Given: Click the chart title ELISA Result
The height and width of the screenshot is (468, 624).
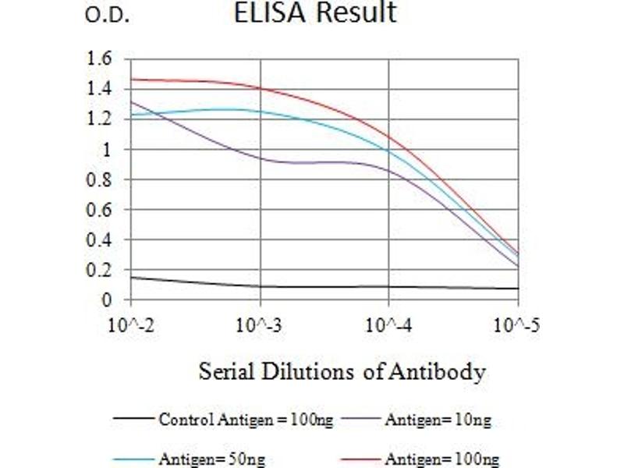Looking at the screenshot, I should [316, 13].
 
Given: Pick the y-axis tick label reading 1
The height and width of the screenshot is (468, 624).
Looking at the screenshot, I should [107, 149].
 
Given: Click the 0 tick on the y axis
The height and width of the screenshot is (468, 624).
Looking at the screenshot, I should [107, 300].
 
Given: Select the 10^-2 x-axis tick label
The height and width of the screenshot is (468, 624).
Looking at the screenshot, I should [131, 323].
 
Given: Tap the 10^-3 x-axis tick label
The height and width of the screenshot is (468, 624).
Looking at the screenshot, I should [260, 323].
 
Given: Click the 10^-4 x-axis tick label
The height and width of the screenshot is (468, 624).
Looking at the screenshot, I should [388, 323].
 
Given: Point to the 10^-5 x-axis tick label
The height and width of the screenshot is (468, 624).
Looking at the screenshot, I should [517, 323].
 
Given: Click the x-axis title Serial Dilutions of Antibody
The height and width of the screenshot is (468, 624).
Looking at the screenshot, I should [342, 371].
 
